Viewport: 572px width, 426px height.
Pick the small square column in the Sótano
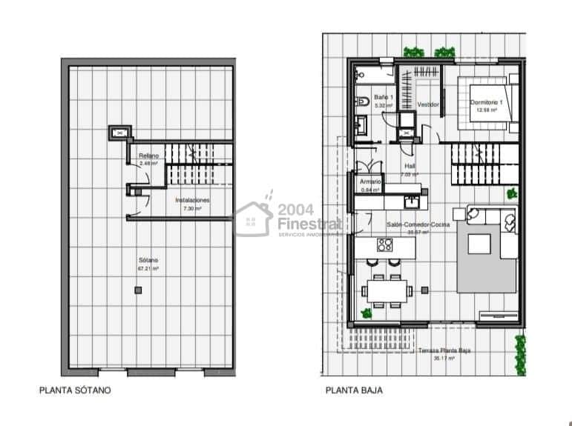137,290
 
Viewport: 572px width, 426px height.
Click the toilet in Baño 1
364,101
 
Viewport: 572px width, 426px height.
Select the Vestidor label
428,105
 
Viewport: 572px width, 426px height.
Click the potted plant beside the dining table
366,313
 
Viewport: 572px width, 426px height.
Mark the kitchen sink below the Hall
412,200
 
